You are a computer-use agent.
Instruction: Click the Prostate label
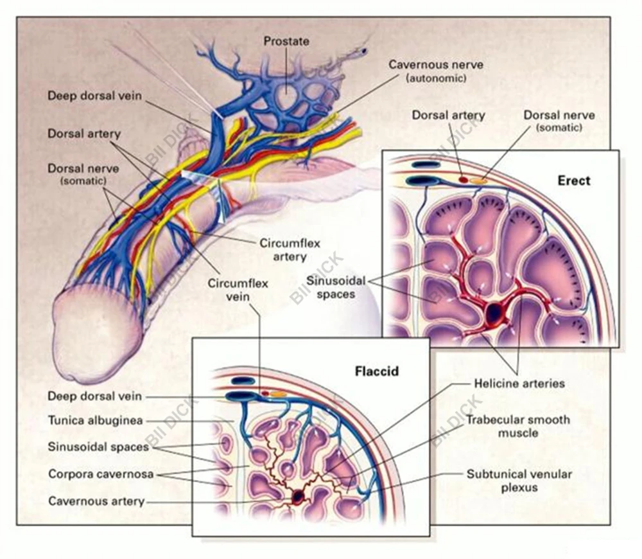click(286, 41)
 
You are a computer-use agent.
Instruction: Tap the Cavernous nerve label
click(436, 65)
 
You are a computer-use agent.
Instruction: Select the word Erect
click(573, 181)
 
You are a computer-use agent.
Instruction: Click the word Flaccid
click(377, 371)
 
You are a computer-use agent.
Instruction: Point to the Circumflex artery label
click(290, 250)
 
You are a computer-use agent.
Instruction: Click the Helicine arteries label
click(519, 384)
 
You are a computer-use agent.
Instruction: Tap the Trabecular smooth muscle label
click(518, 427)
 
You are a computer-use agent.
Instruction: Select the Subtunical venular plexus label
click(519, 481)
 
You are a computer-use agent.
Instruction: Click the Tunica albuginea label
click(95, 421)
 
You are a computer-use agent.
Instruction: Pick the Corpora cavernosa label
click(100, 474)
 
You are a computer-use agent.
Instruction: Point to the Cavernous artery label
click(96, 501)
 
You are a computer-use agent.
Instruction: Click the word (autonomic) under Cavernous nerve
click(436, 78)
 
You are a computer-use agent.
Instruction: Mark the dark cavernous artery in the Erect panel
click(494, 313)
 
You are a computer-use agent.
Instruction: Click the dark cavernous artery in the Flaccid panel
click(298, 496)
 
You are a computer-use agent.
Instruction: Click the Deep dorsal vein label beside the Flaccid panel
click(94, 396)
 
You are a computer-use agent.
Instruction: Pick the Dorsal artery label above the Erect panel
click(449, 116)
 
